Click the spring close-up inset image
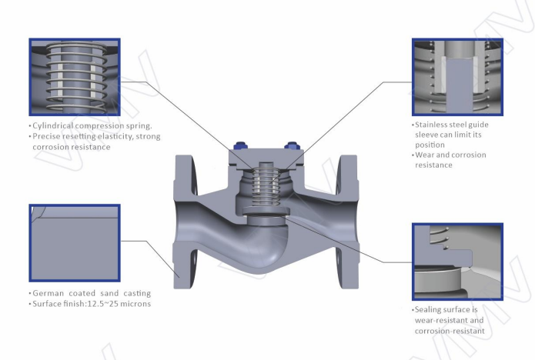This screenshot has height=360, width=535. point(75,75)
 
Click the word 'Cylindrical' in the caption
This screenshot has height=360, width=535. point(55,125)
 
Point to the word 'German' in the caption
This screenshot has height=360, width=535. point(47,293)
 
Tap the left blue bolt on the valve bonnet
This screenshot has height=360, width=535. point(237,148)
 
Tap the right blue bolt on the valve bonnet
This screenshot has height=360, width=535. point(292,146)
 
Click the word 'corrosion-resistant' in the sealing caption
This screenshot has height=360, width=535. point(449,331)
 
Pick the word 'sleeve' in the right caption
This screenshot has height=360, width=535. point(426,134)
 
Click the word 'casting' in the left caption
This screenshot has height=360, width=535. point(134,293)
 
